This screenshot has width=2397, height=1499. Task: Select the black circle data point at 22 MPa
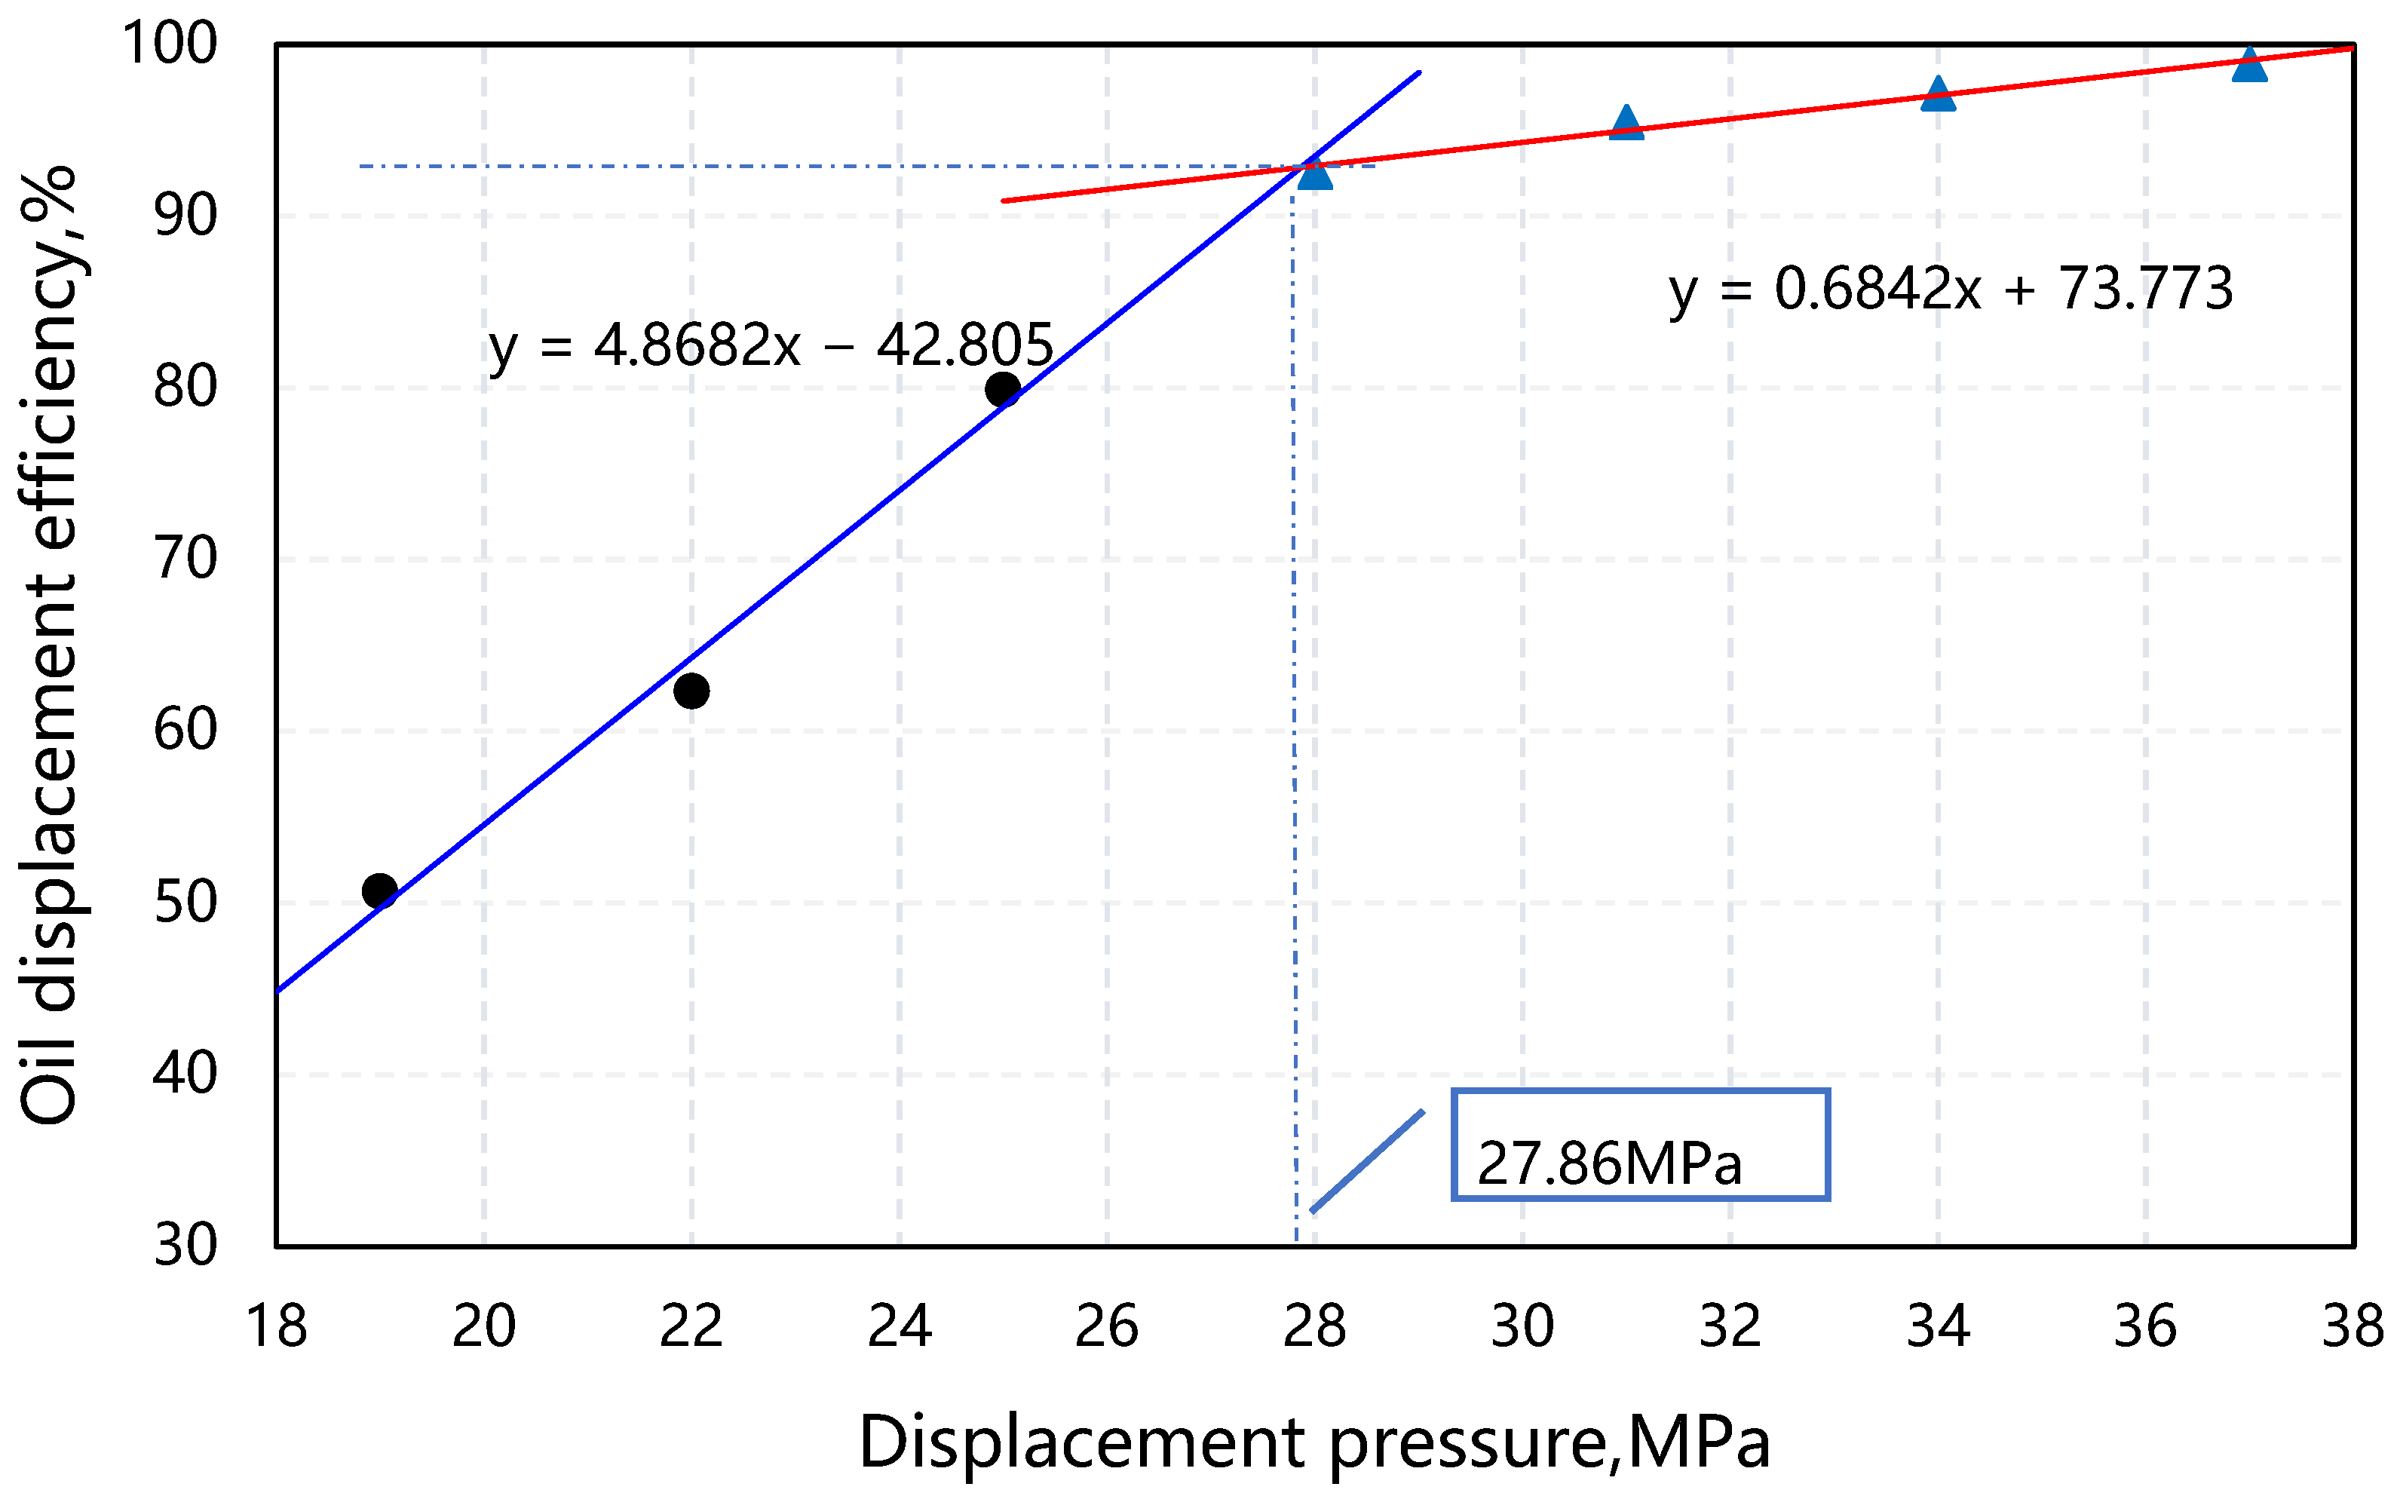click(691, 690)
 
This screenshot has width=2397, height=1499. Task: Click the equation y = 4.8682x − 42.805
click(771, 346)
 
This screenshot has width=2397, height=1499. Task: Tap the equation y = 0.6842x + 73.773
click(1950, 290)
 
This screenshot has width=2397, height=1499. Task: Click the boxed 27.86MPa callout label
click(1640, 1145)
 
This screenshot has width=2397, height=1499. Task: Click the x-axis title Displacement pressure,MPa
click(1313, 1442)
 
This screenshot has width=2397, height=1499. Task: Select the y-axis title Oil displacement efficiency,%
click(50, 645)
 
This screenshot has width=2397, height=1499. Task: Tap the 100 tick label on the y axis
click(170, 44)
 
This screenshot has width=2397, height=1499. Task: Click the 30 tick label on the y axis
click(185, 1245)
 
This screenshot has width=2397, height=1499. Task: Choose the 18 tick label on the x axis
click(277, 1326)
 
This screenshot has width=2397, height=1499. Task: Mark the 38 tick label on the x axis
click(2352, 1326)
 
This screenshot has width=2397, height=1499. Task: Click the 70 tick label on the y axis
click(185, 559)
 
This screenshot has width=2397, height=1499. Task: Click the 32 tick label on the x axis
click(1730, 1326)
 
